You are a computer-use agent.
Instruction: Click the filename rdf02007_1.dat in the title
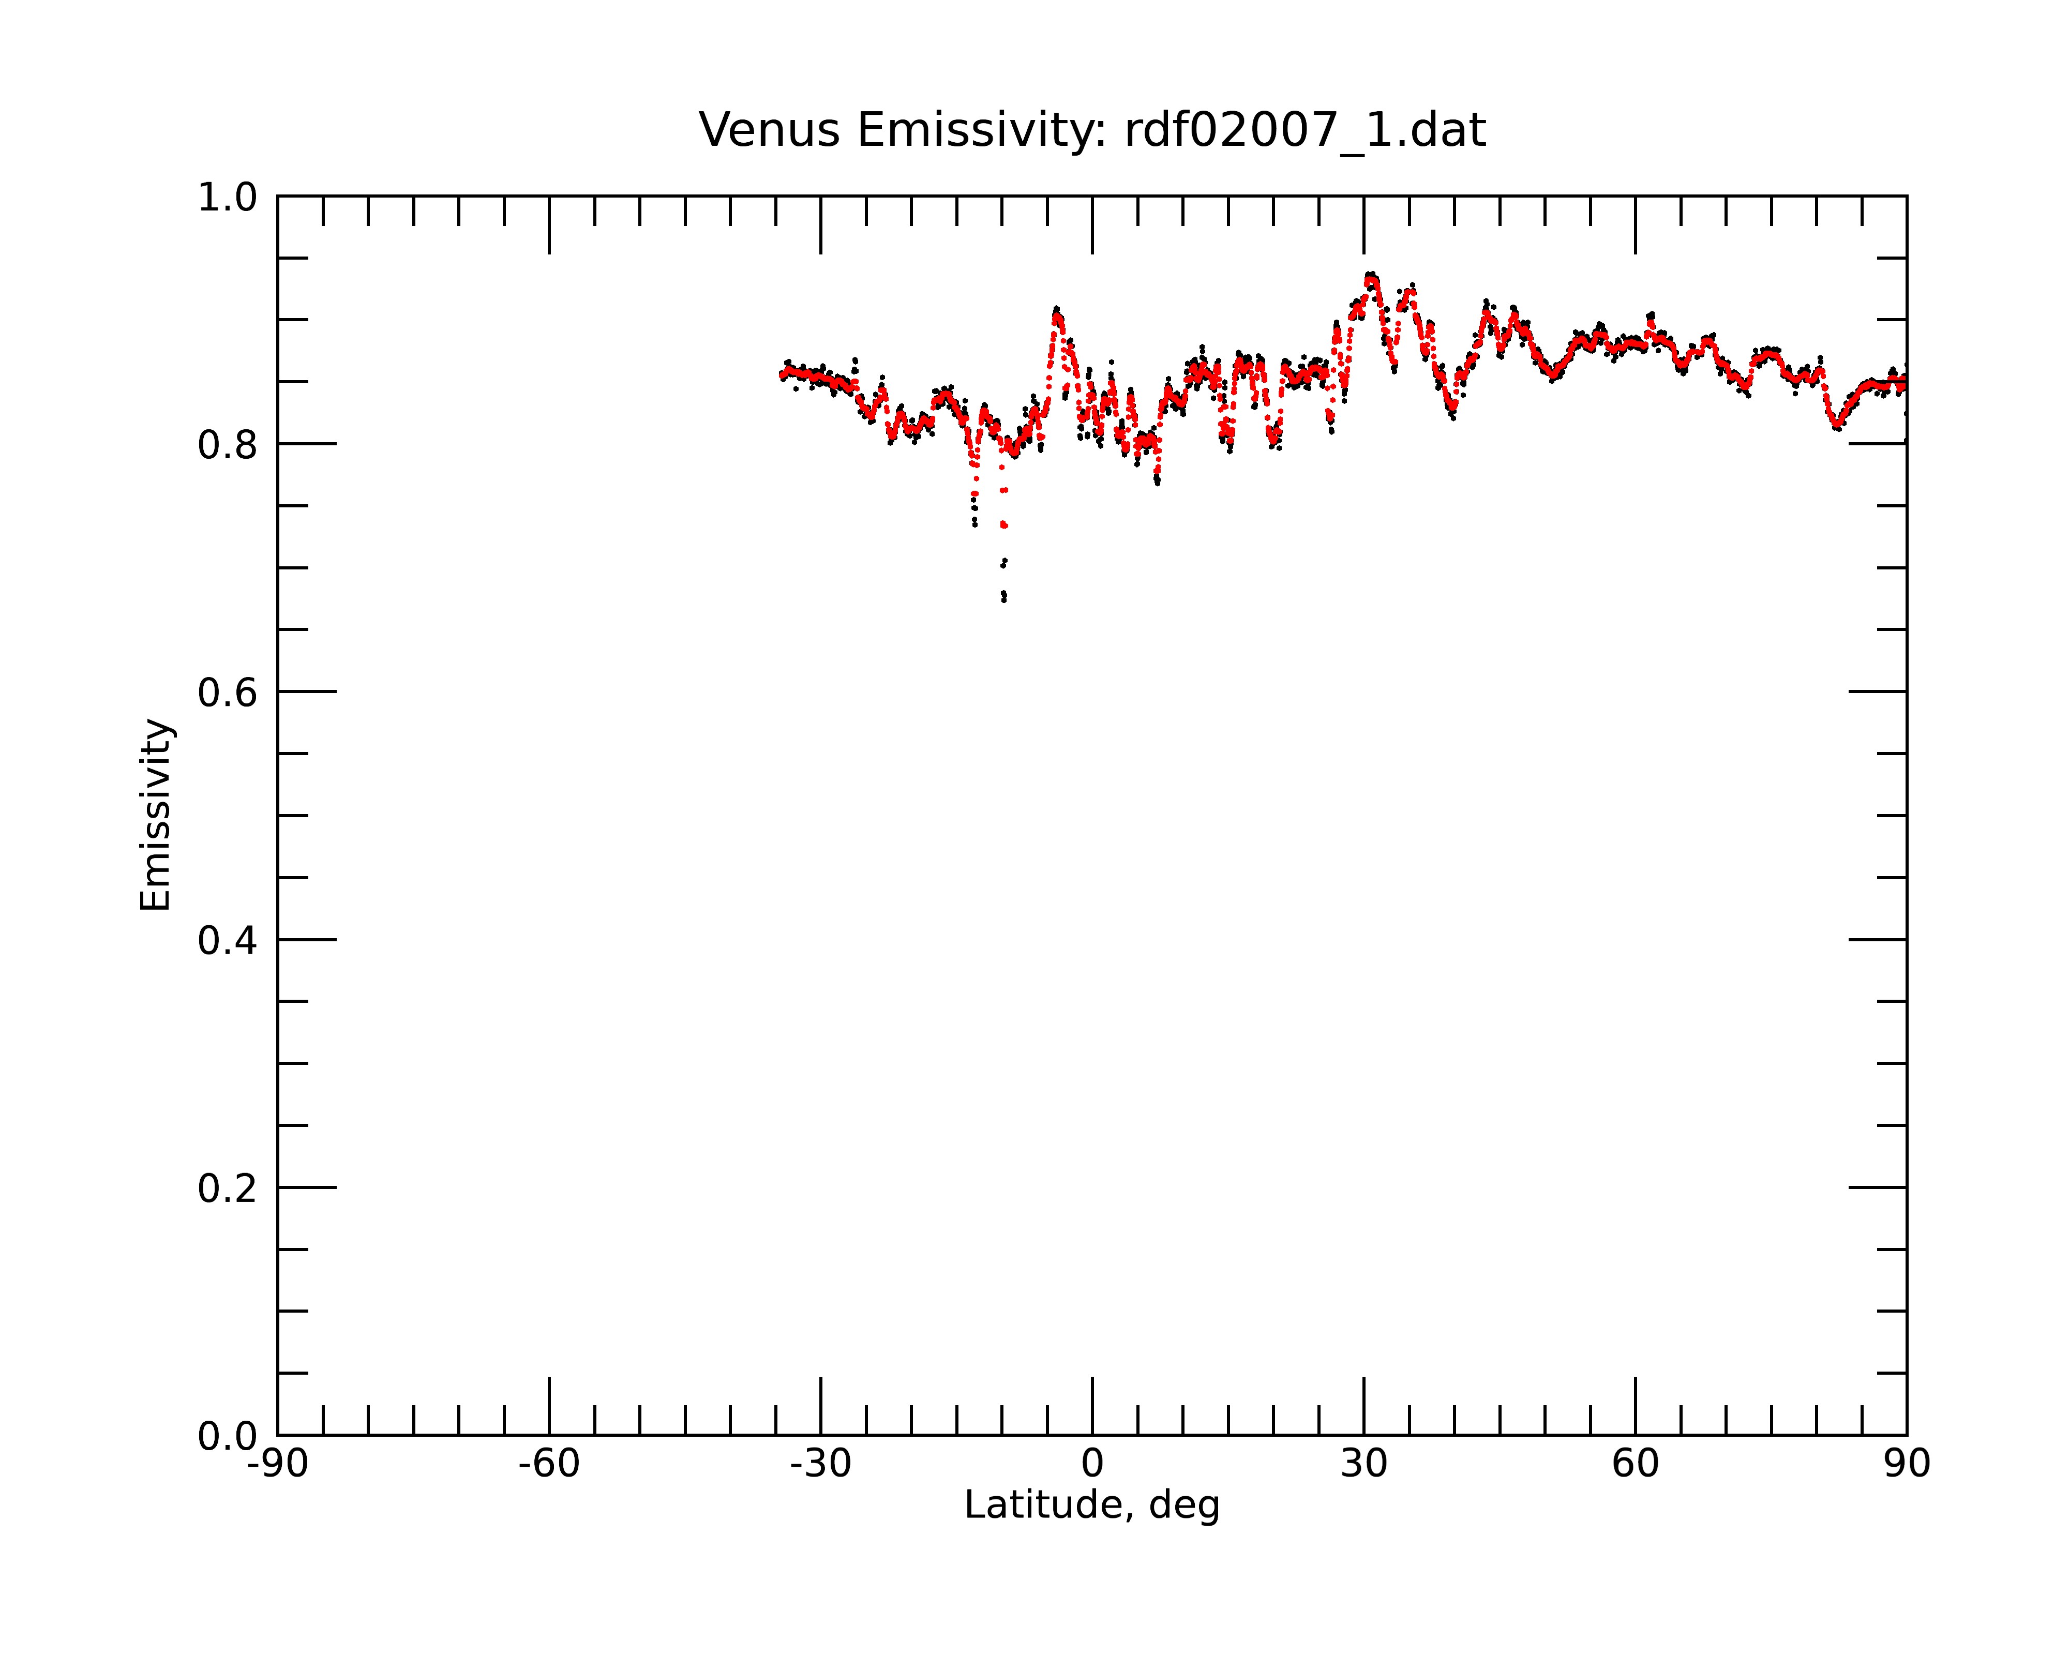point(1305,131)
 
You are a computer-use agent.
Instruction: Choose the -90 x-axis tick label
point(277,1464)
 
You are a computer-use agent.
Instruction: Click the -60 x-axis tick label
point(549,1464)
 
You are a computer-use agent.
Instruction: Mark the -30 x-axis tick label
point(820,1464)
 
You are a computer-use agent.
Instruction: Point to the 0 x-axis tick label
point(1092,1464)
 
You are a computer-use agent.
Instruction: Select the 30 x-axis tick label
point(1363,1464)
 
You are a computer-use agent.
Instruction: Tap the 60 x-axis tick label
point(1635,1464)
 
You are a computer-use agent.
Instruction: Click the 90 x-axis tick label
point(1907,1464)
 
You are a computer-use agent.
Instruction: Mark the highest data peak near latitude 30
point(1371,275)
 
